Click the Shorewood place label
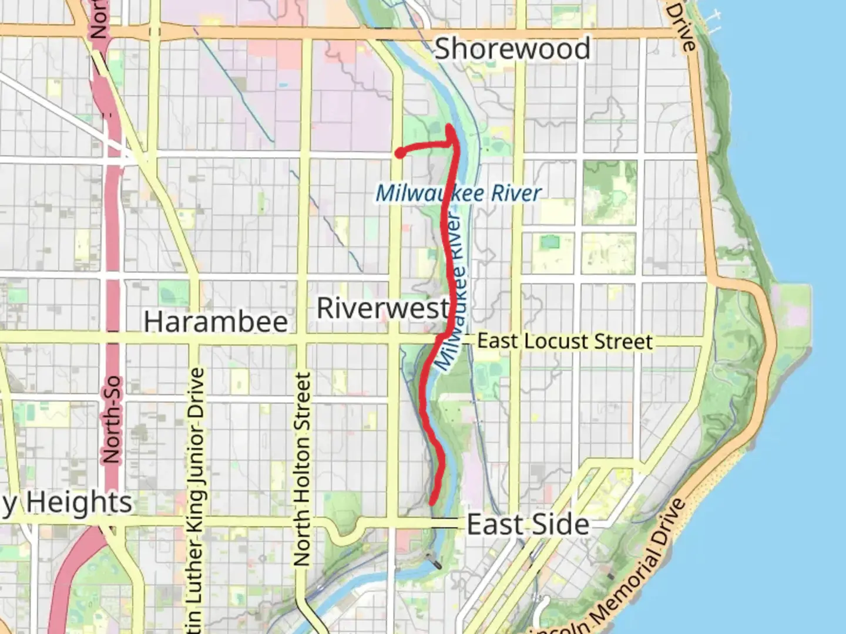[512, 49]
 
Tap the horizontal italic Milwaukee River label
[458, 193]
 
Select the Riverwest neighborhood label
[383, 308]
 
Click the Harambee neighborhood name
[216, 322]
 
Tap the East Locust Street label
[565, 341]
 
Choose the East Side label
[528, 524]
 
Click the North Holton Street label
[302, 470]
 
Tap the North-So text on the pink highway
[111, 419]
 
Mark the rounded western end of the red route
[399, 153]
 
